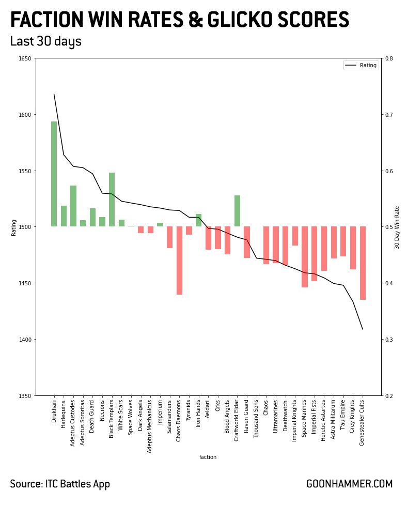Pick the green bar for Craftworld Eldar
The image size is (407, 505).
click(x=237, y=211)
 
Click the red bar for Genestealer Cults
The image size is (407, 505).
click(x=363, y=263)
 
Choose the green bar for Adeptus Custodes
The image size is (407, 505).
click(x=73, y=206)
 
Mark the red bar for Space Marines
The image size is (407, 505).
click(x=305, y=257)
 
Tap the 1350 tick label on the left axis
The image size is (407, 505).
click(x=24, y=396)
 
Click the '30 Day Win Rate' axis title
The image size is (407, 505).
click(x=398, y=227)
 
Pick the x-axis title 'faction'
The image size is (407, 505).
click(x=208, y=457)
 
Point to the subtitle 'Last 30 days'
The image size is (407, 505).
click(x=45, y=41)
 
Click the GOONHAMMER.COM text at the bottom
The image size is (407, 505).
click(x=349, y=484)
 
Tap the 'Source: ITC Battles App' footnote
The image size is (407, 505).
click(x=60, y=484)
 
